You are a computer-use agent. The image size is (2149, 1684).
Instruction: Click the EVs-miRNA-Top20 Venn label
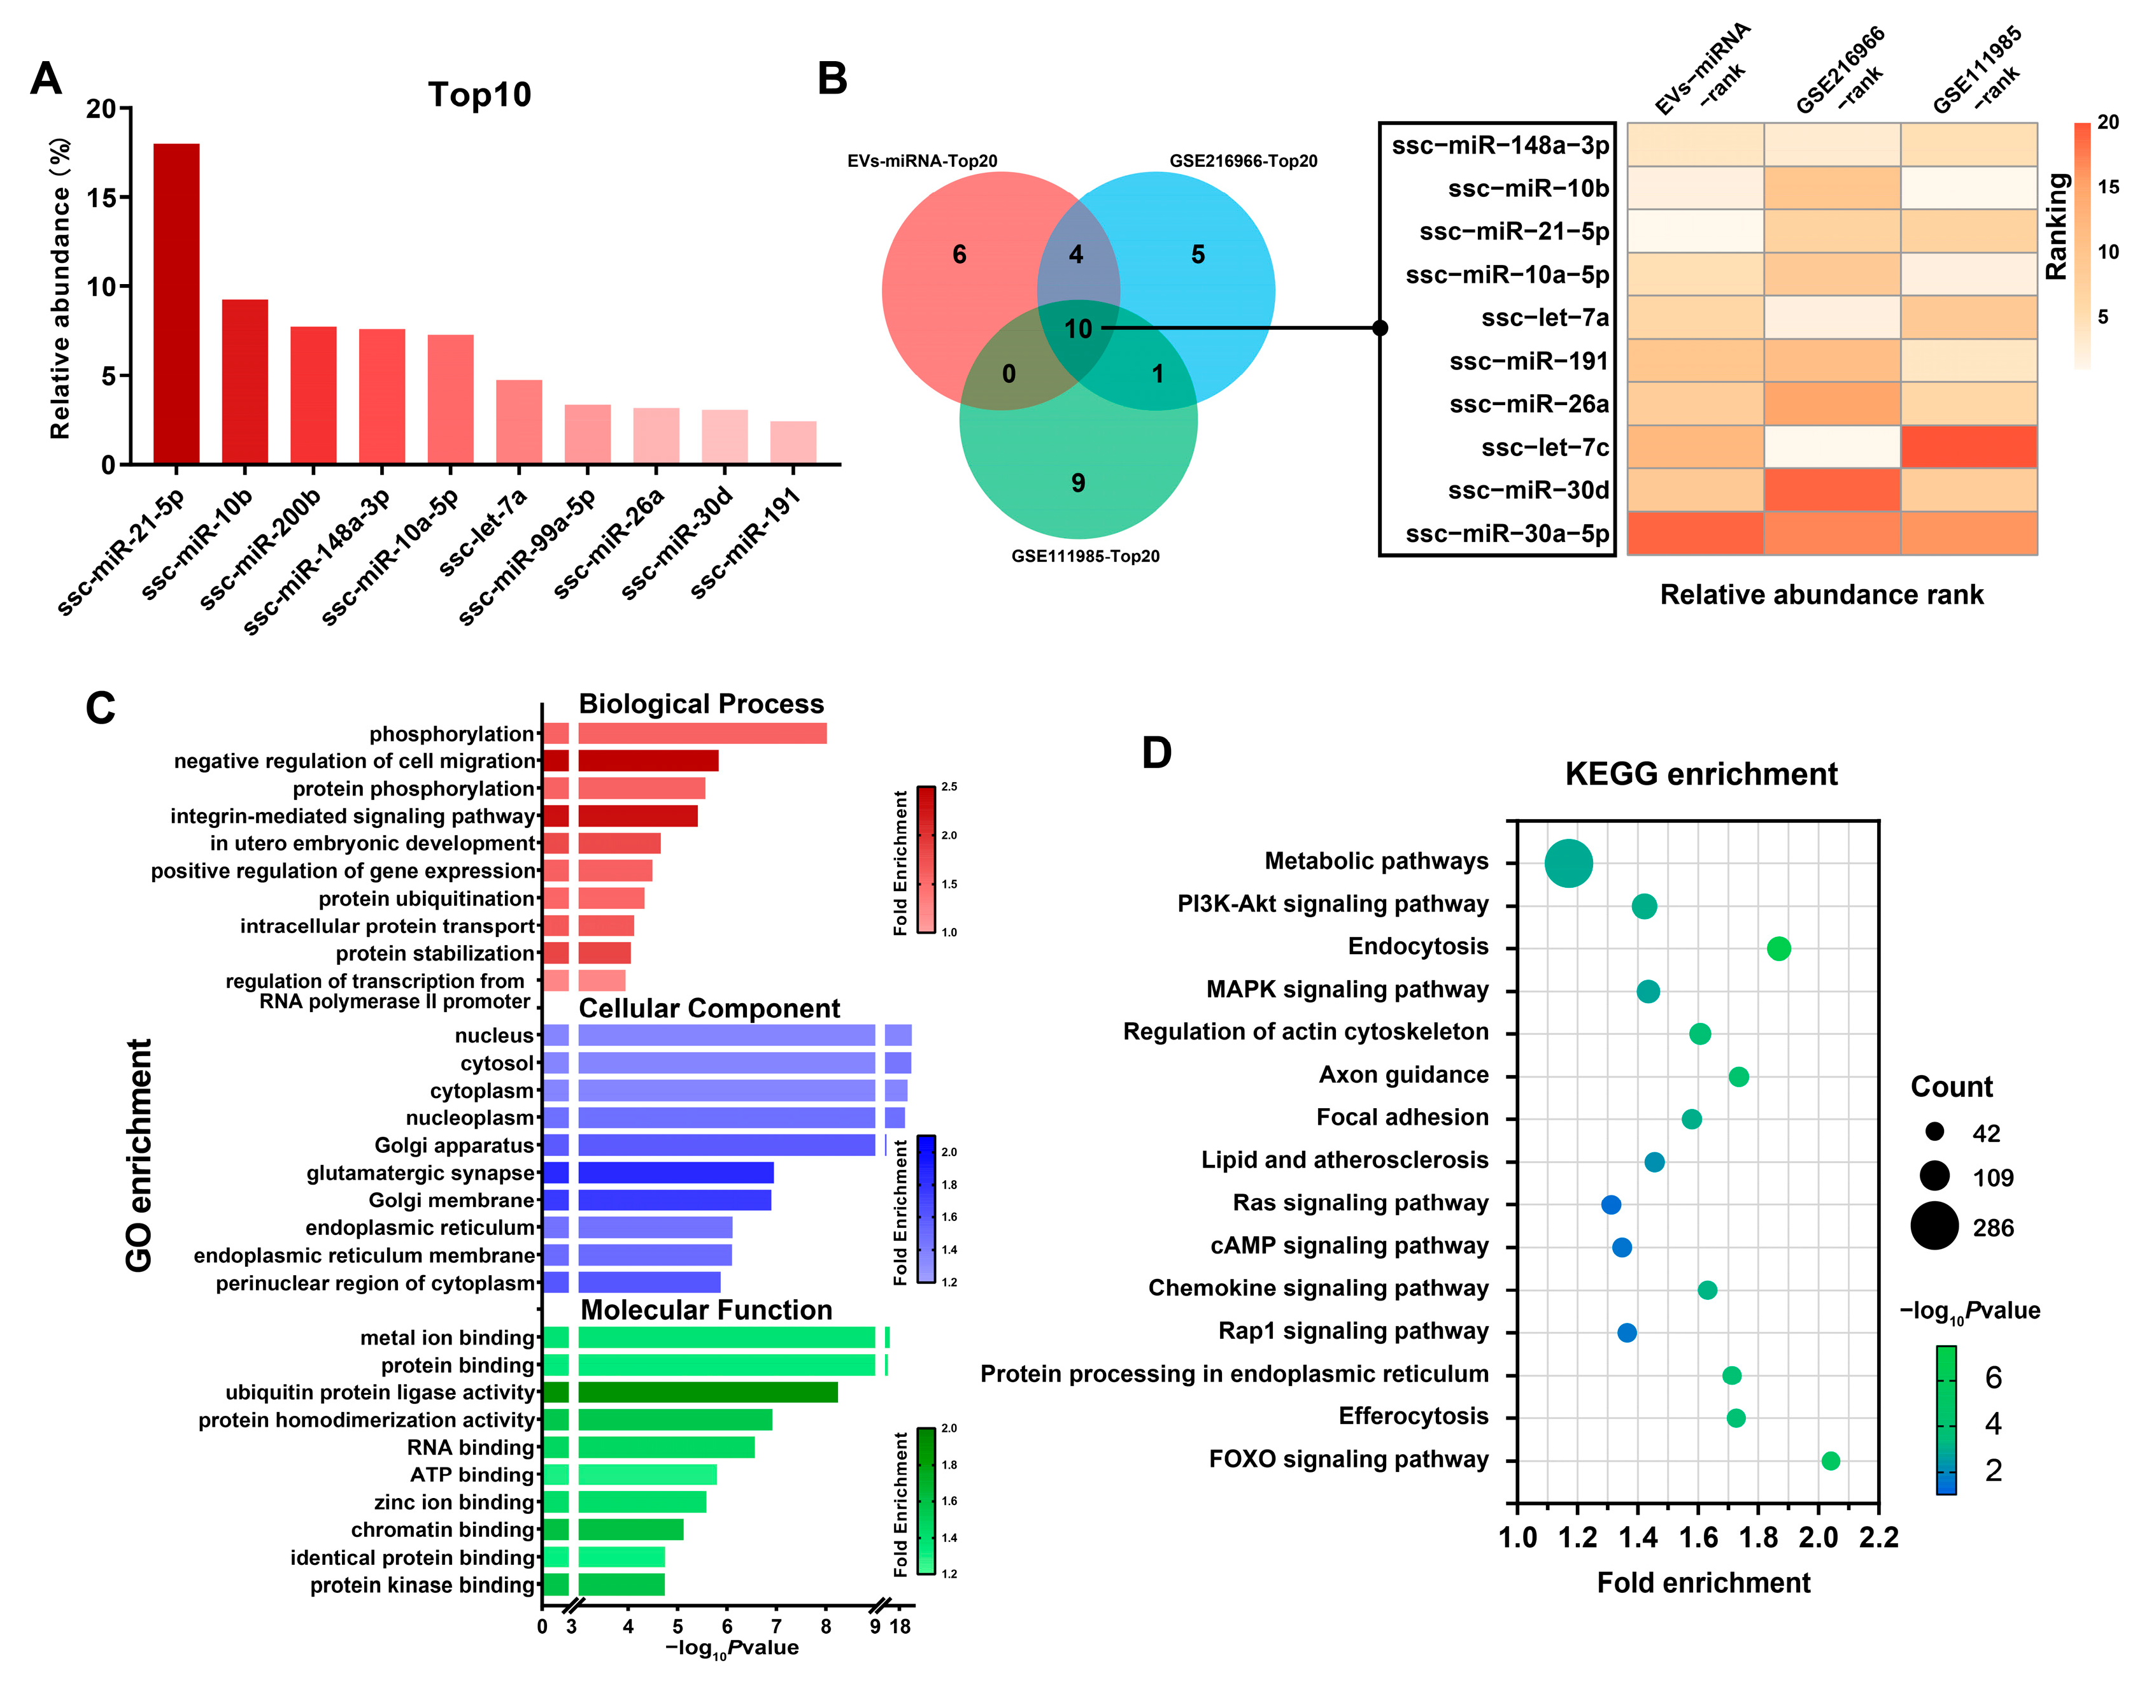click(922, 161)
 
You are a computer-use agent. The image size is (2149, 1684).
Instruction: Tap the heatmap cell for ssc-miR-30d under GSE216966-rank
click(1831, 490)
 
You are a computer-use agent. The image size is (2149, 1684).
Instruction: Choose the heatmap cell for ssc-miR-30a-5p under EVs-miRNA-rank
click(1694, 533)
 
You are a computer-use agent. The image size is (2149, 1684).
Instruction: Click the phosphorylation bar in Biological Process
click(702, 734)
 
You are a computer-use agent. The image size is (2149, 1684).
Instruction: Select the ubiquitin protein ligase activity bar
click(707, 1392)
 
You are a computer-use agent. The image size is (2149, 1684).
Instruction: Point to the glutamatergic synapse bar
click(675, 1173)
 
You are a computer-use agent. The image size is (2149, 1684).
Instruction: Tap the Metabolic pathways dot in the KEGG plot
click(1568, 864)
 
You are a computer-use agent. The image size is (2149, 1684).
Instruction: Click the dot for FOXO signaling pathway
click(1831, 1461)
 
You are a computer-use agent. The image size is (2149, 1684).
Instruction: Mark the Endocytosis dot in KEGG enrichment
click(1778, 948)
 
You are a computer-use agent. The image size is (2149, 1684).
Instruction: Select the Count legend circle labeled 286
click(1934, 1227)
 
